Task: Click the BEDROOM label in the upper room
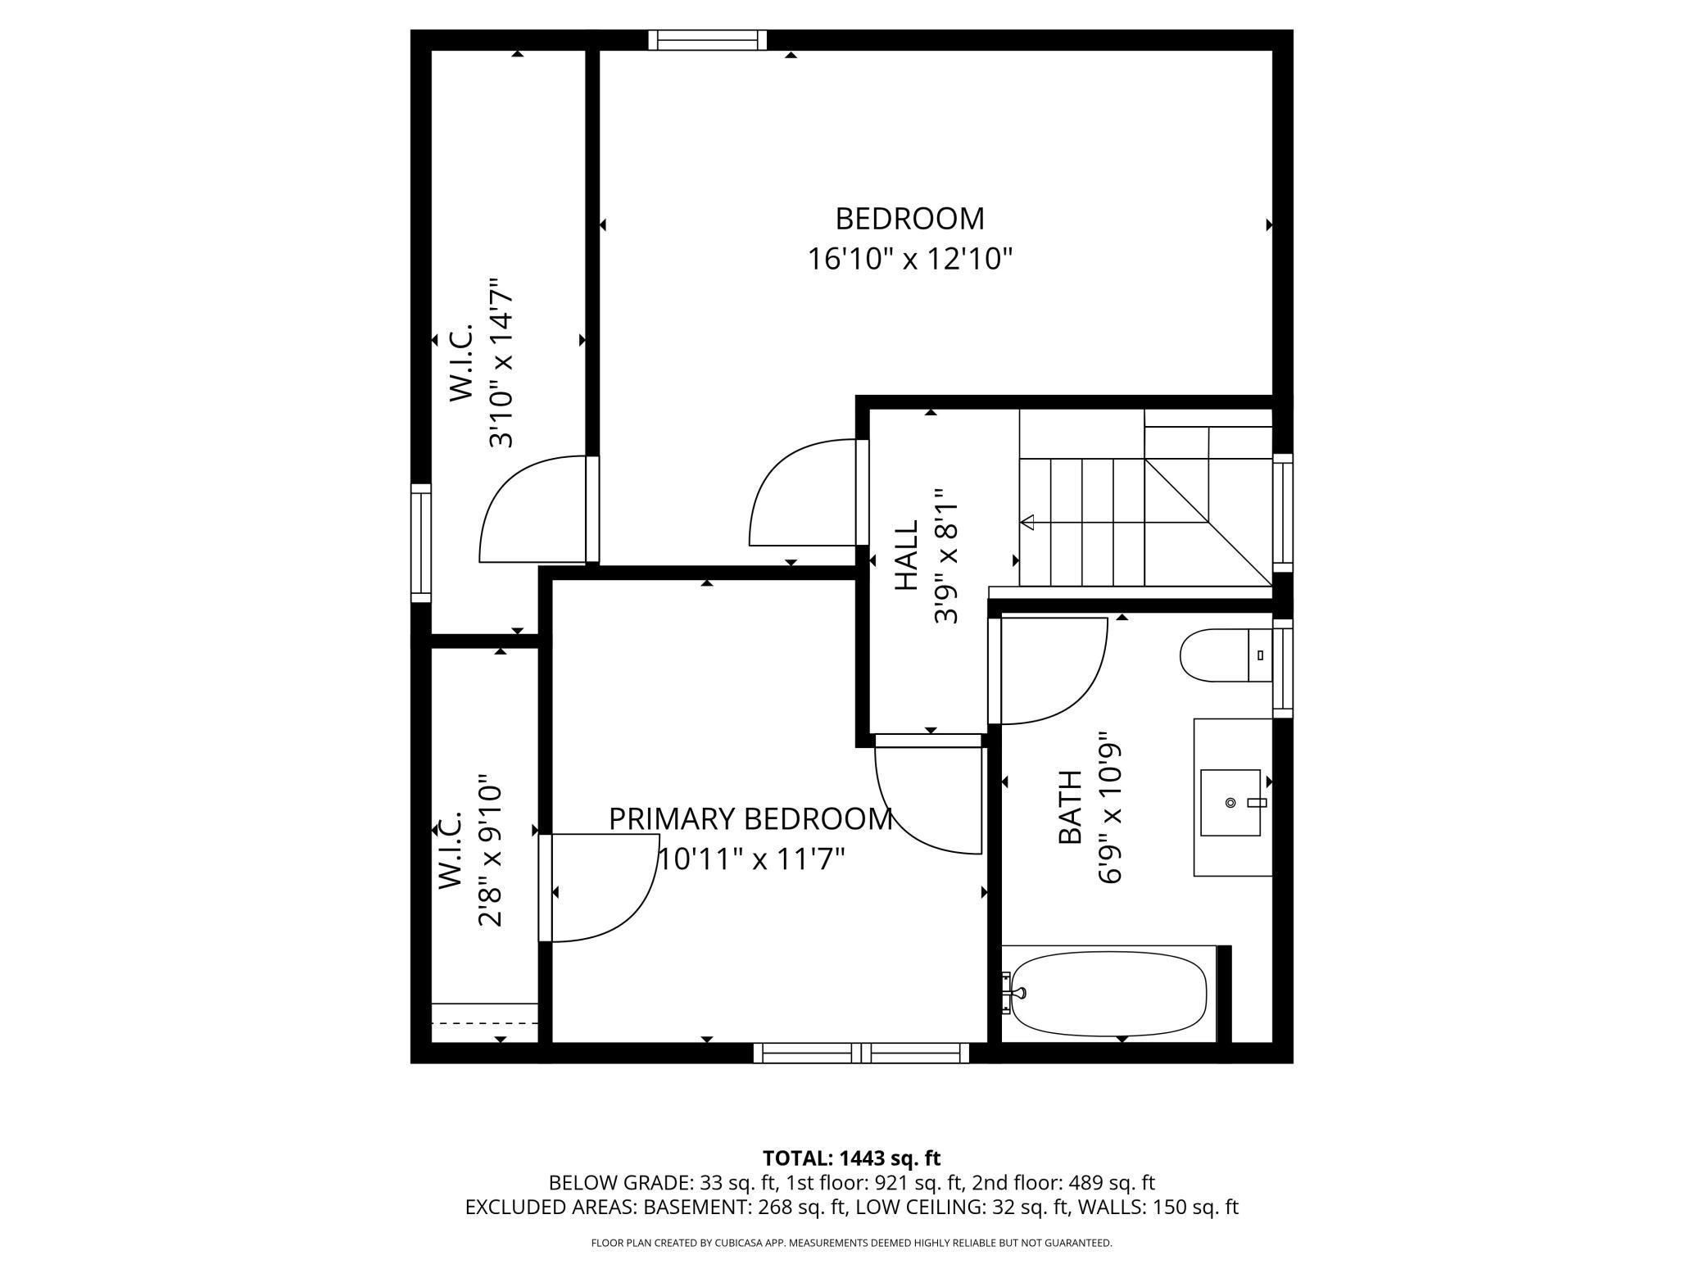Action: (909, 219)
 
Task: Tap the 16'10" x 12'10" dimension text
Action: (910, 260)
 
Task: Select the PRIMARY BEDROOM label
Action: (750, 818)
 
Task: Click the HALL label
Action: (906, 555)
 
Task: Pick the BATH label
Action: (1070, 807)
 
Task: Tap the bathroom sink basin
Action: (1230, 802)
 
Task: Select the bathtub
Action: (1109, 994)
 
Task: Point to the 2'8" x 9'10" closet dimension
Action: (489, 850)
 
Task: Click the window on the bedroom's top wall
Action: (708, 40)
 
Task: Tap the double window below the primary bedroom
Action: (861, 1053)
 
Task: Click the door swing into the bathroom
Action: (1053, 672)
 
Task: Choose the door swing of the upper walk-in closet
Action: (532, 510)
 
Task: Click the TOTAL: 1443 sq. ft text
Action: (851, 1158)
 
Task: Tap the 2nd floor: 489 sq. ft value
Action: (1063, 1183)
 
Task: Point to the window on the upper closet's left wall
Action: (420, 543)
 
